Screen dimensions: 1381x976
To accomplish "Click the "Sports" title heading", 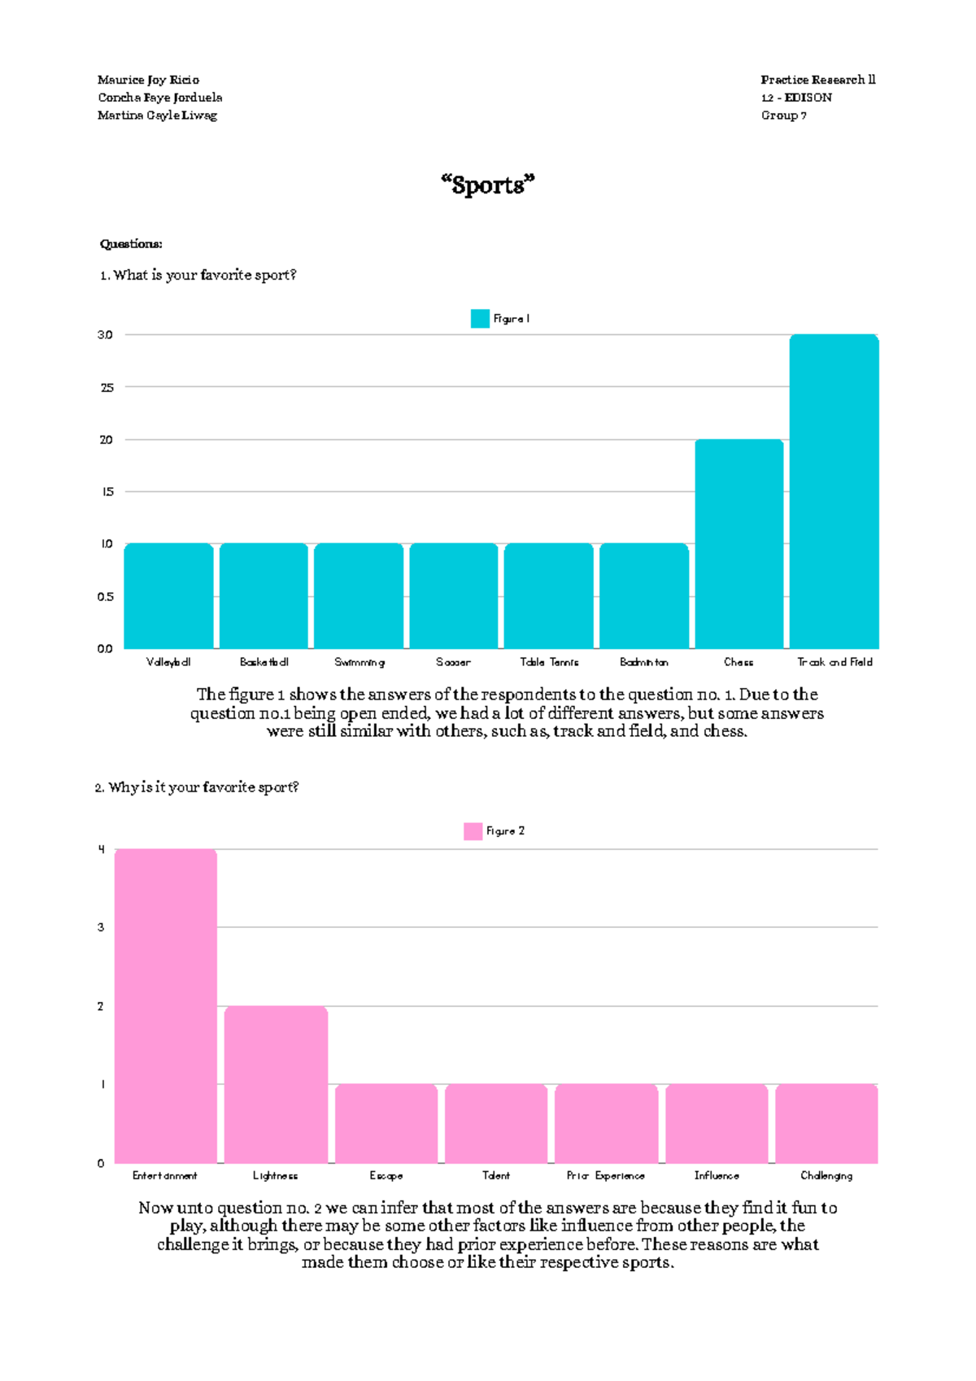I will [x=488, y=185].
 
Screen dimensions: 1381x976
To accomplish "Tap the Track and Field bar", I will [x=834, y=491].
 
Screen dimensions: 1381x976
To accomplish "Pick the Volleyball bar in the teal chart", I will [x=168, y=595].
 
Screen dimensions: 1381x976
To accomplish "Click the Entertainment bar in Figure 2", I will [x=166, y=1005].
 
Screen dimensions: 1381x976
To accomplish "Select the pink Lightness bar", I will [x=276, y=1084].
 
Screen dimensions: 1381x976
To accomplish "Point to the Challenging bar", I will [x=826, y=1123].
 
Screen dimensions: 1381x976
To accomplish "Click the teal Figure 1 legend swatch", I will [x=480, y=319].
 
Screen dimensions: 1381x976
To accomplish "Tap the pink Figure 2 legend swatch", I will [x=473, y=831].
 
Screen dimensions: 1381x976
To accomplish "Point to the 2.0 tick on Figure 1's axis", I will [x=106, y=440].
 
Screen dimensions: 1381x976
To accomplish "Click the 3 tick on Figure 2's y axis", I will [x=101, y=927].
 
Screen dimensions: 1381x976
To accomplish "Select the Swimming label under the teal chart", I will [x=359, y=662].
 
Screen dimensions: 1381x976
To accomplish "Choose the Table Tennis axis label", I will [x=549, y=662].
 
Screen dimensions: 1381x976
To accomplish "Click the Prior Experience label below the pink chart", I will [x=606, y=1176].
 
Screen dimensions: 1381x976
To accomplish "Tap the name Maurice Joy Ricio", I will [x=148, y=80].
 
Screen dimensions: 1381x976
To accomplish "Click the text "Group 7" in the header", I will [x=783, y=115].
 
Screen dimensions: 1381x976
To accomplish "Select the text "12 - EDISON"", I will [x=796, y=98].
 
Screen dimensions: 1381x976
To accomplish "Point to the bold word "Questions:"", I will [x=131, y=244].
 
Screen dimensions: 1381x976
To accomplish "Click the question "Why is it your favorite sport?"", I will [x=198, y=787].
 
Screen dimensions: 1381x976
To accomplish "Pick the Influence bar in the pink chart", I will [x=717, y=1123].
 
